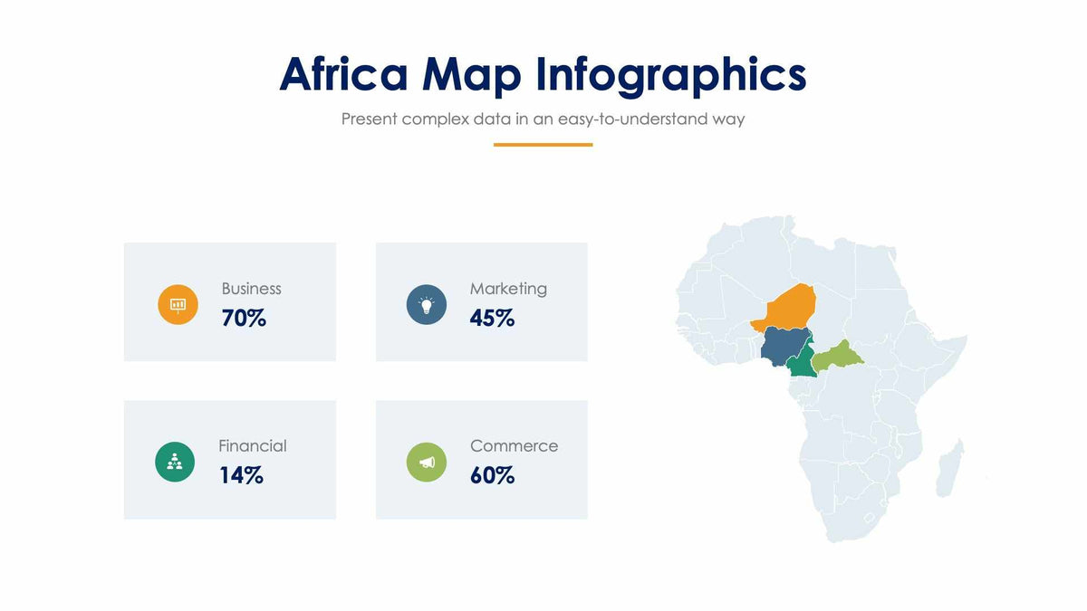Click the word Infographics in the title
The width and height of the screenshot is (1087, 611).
pos(671,75)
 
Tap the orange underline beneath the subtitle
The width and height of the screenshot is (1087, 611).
pos(543,144)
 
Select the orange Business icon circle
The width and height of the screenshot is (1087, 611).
pos(178,304)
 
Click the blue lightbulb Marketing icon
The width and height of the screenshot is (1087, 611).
pos(426,304)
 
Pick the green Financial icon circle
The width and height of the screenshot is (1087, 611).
pos(175,462)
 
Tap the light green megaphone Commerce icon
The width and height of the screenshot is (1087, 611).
pos(426,462)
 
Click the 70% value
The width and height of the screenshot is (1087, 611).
pos(244,318)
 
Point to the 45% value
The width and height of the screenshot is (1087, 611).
pos(492,318)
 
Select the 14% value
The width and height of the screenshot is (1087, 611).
pos(241,475)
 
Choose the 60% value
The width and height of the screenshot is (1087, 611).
pos(492,475)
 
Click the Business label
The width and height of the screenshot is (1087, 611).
pos(251,289)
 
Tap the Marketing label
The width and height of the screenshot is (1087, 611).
pos(508,289)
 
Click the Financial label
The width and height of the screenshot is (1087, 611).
pos(252,446)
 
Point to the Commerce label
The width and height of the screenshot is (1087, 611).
pos(514,446)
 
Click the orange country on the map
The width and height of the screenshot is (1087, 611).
pos(790,306)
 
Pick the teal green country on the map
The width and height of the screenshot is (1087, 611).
pos(802,364)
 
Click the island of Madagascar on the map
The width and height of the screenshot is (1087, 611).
pos(950,467)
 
